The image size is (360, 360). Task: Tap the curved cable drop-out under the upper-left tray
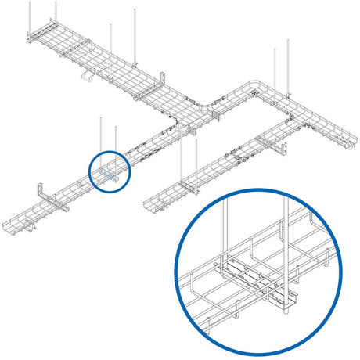(x=88, y=75)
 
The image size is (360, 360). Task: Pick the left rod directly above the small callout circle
(x=101, y=137)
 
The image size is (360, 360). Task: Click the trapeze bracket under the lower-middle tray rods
(x=188, y=185)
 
